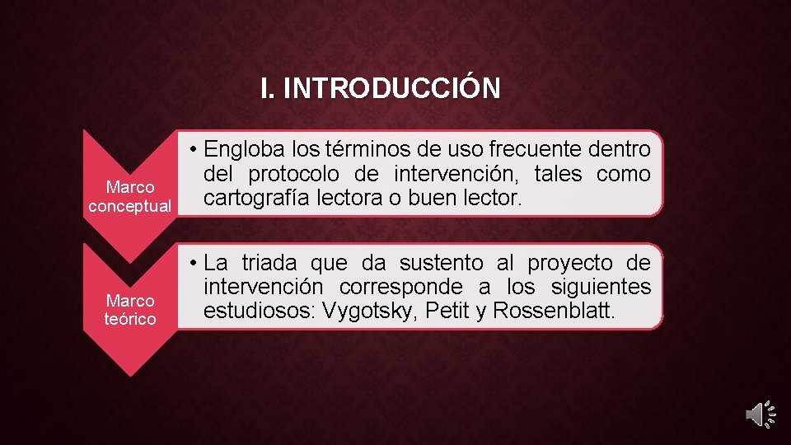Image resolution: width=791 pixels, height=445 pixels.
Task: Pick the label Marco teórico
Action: (130, 310)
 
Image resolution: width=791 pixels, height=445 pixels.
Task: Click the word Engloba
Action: (242, 150)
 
